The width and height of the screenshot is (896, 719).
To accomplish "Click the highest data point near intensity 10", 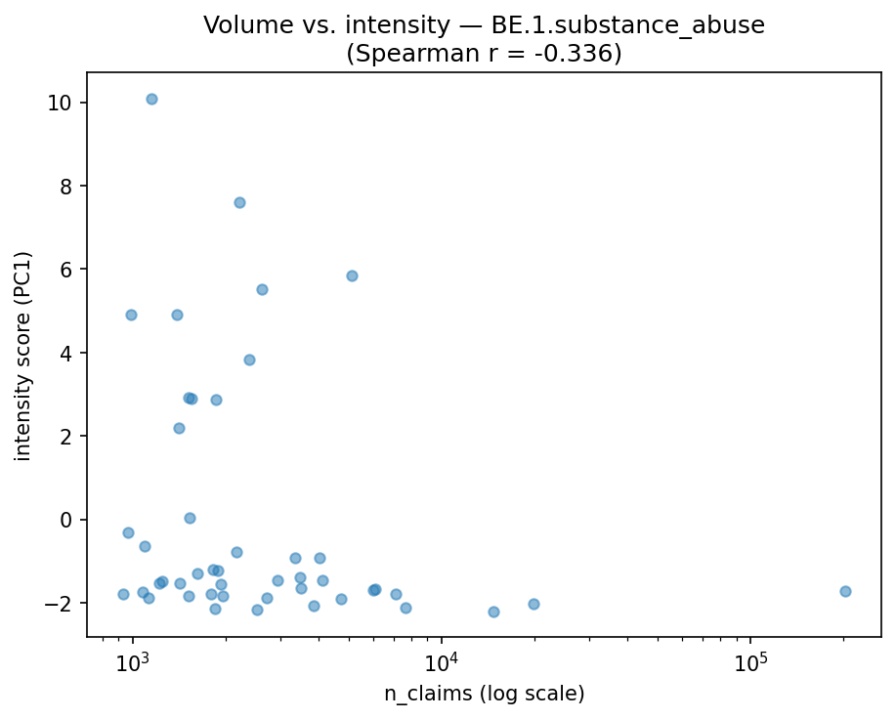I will [x=151, y=99].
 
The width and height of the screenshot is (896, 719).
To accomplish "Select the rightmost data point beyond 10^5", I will [x=845, y=591].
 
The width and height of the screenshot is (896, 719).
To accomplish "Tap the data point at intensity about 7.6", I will [x=239, y=202].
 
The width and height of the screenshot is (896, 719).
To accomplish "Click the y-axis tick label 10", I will [x=62, y=103].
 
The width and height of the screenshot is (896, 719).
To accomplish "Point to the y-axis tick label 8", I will [x=66, y=186].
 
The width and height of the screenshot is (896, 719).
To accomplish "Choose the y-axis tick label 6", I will [x=66, y=269].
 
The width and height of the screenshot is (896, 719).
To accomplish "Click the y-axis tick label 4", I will [x=66, y=353].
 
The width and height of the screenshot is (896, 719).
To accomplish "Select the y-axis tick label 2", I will [x=66, y=436].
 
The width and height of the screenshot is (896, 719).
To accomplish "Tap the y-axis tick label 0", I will [x=66, y=519].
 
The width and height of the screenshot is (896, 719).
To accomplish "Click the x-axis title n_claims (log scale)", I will [x=484, y=695].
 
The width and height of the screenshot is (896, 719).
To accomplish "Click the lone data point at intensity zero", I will [x=190, y=518].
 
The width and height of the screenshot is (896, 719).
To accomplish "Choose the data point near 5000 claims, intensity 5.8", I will [x=352, y=275].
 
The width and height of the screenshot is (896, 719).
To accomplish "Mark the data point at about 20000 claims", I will [x=533, y=604].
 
